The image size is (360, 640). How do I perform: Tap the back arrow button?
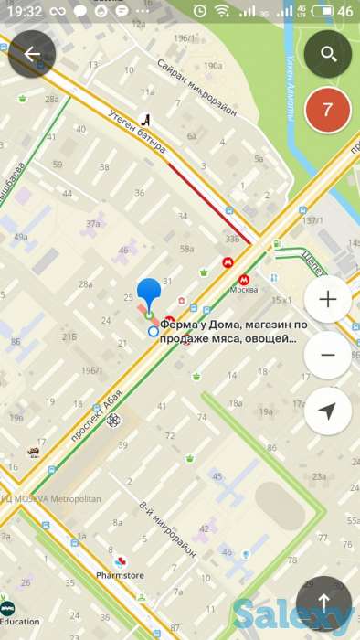[32, 54]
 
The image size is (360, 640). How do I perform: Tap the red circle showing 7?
[328, 112]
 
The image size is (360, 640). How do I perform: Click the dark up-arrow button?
[323, 602]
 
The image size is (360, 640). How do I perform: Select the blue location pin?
[149, 294]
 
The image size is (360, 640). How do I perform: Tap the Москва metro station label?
[244, 290]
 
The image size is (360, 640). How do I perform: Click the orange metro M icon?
[226, 261]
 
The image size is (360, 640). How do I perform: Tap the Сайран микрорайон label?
[196, 87]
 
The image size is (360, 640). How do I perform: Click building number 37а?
[92, 223]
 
